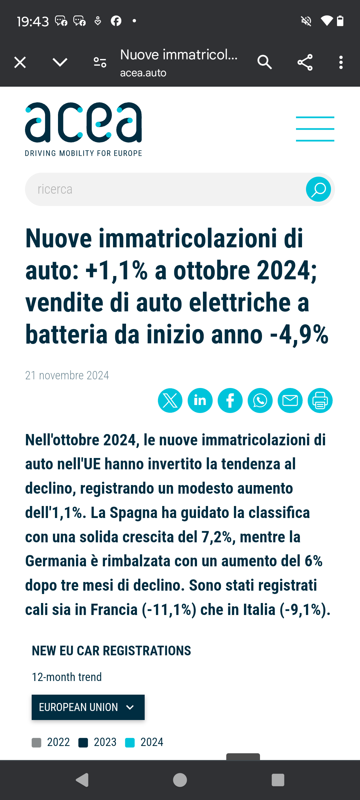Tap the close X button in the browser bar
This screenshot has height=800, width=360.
[20, 62]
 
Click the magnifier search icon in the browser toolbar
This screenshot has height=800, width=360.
[265, 62]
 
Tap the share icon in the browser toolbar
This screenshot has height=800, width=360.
[305, 62]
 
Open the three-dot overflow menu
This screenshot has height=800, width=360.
[341, 62]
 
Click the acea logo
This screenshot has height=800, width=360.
[84, 129]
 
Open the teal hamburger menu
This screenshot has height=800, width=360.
[315, 129]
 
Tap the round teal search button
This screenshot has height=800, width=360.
[318, 189]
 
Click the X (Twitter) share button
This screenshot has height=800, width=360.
[170, 400]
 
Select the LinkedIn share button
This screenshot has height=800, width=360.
[200, 400]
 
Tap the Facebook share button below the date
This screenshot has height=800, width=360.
[230, 400]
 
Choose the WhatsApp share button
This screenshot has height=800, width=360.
[260, 400]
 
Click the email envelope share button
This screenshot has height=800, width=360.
[290, 400]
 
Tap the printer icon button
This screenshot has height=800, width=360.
[320, 400]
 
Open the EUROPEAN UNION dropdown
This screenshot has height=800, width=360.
[88, 707]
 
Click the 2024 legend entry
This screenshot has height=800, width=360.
[144, 742]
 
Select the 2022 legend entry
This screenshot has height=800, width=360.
[51, 742]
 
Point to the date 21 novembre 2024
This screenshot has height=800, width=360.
[67, 375]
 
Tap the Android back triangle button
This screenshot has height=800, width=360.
[82, 780]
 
